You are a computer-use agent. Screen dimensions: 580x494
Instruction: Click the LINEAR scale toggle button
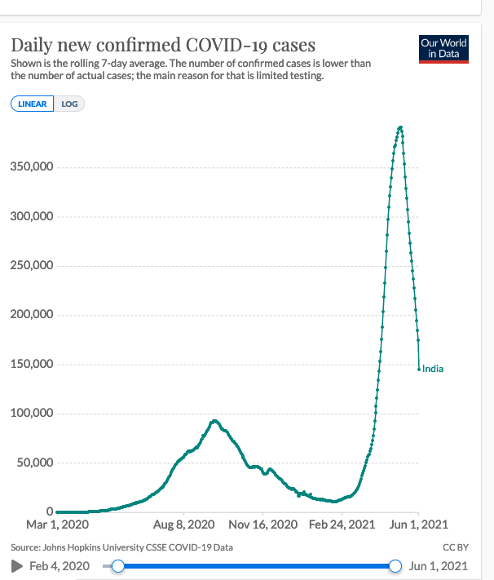(33, 104)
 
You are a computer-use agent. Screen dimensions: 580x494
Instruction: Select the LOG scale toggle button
(69, 104)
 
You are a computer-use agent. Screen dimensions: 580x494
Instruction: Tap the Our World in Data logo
(443, 48)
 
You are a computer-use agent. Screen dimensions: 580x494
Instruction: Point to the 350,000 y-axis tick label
(32, 167)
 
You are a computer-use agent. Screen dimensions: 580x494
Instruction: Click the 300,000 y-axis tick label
(32, 217)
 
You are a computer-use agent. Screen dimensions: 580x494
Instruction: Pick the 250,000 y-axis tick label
(32, 266)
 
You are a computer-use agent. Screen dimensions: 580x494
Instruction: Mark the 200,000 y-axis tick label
(32, 315)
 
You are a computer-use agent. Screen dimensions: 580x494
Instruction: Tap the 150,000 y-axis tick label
(32, 364)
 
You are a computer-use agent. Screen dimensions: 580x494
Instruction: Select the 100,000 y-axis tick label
(32, 414)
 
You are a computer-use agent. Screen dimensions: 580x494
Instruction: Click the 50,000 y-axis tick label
(35, 463)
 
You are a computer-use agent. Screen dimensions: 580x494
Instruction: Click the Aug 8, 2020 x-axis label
(183, 525)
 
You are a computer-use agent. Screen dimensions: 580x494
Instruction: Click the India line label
(433, 369)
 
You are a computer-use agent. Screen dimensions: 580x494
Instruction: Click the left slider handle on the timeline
(118, 565)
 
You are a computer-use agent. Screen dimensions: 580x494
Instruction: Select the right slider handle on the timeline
(396, 565)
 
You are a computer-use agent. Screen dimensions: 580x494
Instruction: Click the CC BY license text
(455, 547)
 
